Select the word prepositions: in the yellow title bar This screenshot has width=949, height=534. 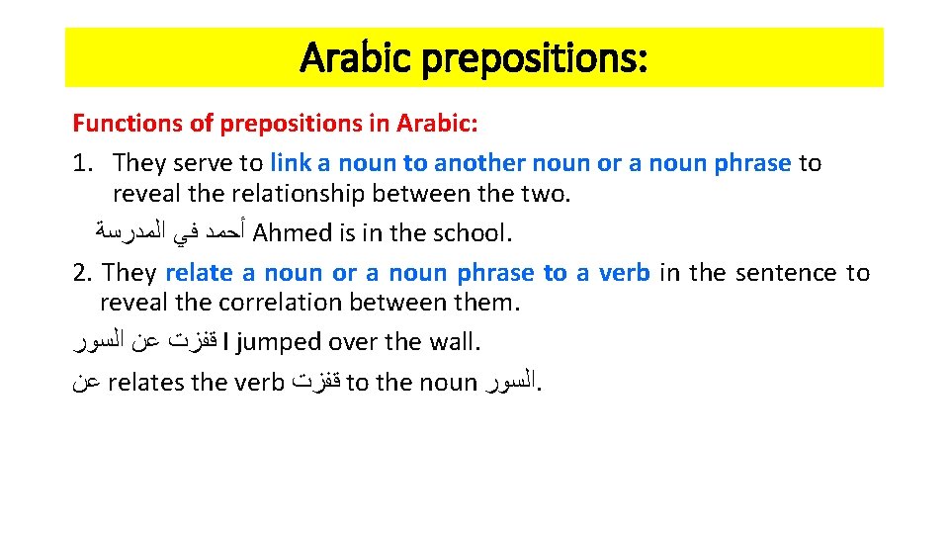(535, 59)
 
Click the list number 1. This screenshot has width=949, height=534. (81, 163)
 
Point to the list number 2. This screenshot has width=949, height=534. (81, 272)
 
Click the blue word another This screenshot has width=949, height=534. (478, 163)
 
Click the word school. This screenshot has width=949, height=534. (472, 233)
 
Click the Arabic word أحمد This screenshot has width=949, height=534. (223, 233)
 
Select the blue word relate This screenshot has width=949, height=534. (200, 272)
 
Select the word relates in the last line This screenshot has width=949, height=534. (147, 383)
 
